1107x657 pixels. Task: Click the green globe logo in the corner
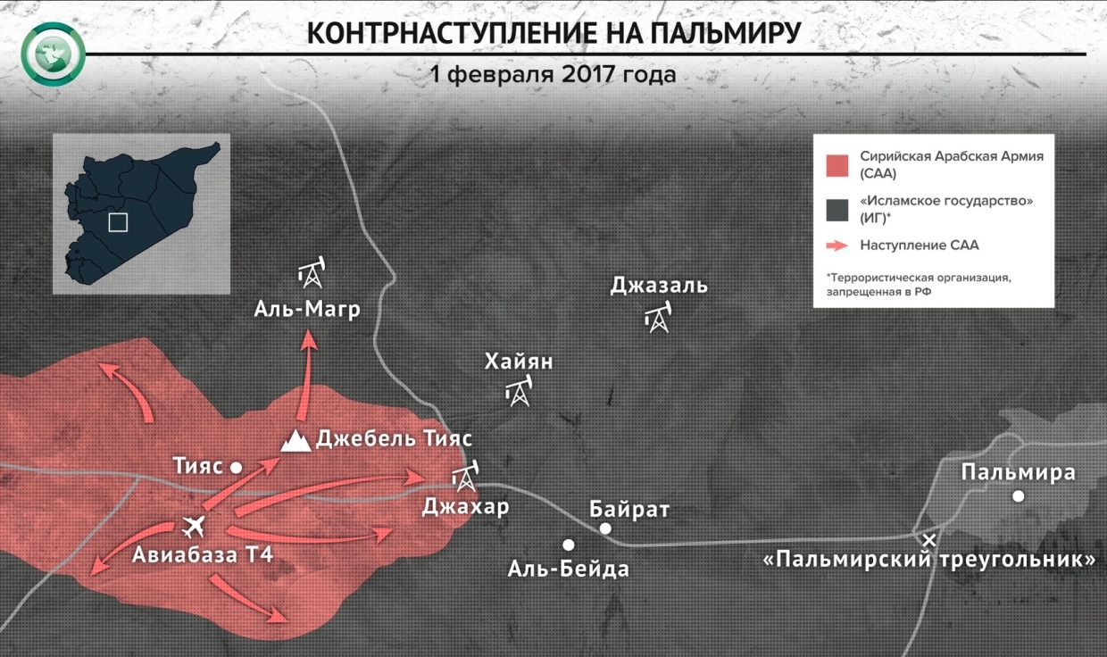coord(54,54)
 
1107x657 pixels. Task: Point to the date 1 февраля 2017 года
coord(553,72)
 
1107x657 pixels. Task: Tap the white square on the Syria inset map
coord(118,221)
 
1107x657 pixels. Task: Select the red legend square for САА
coord(836,165)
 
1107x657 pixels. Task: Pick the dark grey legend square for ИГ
coord(836,210)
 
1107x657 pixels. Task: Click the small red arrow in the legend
coord(836,245)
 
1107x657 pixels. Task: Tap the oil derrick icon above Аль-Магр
coord(312,274)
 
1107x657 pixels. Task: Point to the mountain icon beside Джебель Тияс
coord(295,439)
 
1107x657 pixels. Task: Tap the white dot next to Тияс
coord(237,467)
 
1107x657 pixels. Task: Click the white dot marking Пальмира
coord(1018,496)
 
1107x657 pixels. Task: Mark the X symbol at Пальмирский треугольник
coord(929,539)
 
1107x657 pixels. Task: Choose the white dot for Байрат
coord(605,528)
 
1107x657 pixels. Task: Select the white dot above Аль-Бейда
coord(568,545)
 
